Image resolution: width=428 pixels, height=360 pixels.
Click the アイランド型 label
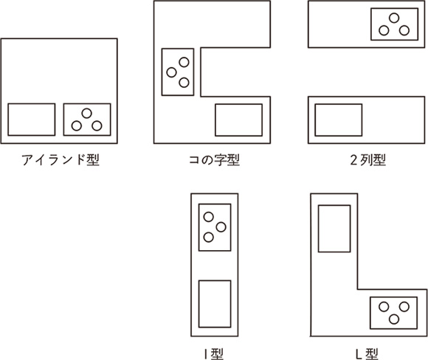pyautogui.click(x=61, y=160)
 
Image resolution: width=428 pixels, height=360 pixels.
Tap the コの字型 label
pyautogui.click(x=214, y=160)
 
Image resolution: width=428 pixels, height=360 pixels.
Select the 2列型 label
pyautogui.click(x=368, y=160)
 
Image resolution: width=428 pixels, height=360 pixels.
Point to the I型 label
pyautogui.click(x=214, y=353)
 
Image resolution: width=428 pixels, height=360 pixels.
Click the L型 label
pyautogui.click(x=367, y=353)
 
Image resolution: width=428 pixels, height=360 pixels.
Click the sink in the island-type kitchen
pyautogui.click(x=32, y=120)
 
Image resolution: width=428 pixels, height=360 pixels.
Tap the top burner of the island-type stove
pyautogui.click(x=87, y=114)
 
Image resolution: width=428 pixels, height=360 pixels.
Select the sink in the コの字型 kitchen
pyautogui.click(x=239, y=120)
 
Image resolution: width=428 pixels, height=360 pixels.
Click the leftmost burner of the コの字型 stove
pyautogui.click(x=171, y=72)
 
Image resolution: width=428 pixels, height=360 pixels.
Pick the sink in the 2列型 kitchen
pyautogui.click(x=339, y=120)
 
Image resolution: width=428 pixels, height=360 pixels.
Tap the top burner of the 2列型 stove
pyautogui.click(x=394, y=18)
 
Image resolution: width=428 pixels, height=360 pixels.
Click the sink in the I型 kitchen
pyautogui.click(x=215, y=304)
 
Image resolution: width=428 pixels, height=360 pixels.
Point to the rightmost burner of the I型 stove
pyautogui.click(x=221, y=227)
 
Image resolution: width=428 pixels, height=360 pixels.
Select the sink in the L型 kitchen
pyautogui.click(x=334, y=229)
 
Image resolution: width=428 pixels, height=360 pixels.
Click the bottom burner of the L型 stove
pyautogui.click(x=394, y=319)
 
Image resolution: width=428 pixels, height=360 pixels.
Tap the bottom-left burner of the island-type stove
pyautogui.click(x=77, y=126)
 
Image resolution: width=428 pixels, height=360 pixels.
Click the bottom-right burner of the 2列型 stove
pyautogui.click(x=404, y=30)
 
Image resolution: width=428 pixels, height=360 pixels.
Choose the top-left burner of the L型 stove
pyautogui.click(x=384, y=307)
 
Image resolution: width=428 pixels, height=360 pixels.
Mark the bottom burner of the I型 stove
pyautogui.click(x=209, y=238)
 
